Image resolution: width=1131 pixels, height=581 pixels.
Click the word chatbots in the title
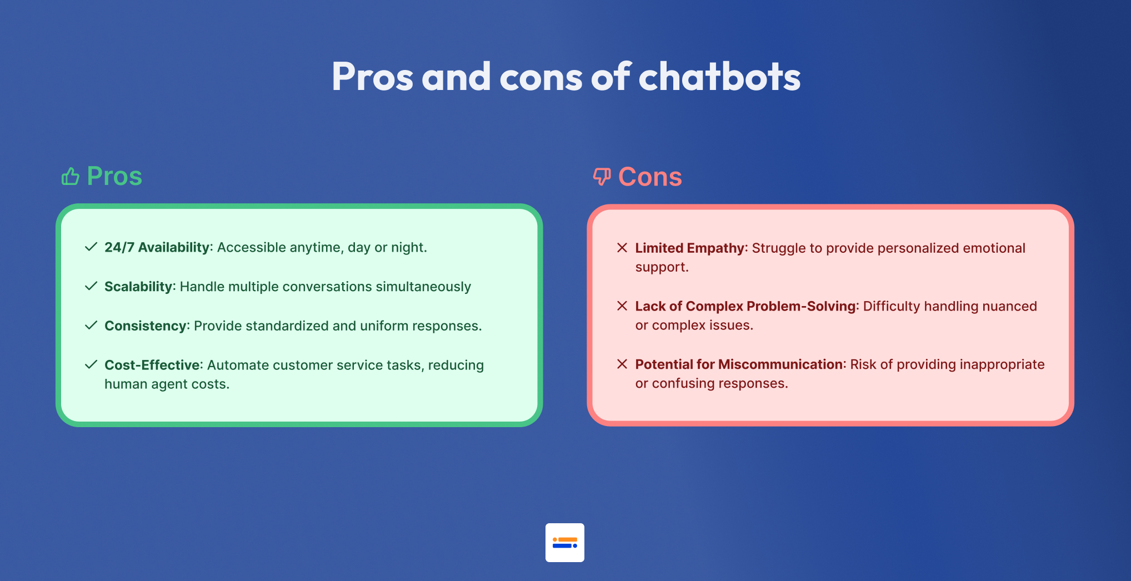click(x=719, y=76)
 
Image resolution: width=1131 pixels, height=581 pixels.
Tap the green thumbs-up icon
click(x=71, y=176)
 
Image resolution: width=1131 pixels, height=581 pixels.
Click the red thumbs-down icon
click(x=602, y=177)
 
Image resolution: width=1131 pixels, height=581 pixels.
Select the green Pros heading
click(x=114, y=176)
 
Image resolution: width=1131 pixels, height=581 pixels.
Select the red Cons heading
click(x=650, y=177)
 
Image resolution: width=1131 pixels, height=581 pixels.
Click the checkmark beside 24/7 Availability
click(x=91, y=247)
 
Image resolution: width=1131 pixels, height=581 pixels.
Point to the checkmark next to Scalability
click(x=91, y=286)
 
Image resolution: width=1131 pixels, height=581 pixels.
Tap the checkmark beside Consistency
click(x=91, y=325)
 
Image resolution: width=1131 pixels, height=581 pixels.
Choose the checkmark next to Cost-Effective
click(x=91, y=364)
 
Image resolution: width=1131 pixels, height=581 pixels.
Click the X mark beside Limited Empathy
click(x=622, y=248)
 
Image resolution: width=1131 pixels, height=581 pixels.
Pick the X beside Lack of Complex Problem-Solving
click(x=622, y=306)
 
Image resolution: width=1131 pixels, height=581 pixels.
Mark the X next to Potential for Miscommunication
click(x=622, y=364)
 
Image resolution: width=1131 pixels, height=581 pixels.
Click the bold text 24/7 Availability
click(x=157, y=247)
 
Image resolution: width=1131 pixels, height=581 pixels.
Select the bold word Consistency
click(x=146, y=325)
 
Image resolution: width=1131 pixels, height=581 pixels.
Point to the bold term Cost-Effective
click(x=152, y=365)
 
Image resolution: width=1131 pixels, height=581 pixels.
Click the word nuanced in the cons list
click(x=1009, y=306)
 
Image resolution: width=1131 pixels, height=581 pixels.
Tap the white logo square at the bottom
click(x=565, y=543)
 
